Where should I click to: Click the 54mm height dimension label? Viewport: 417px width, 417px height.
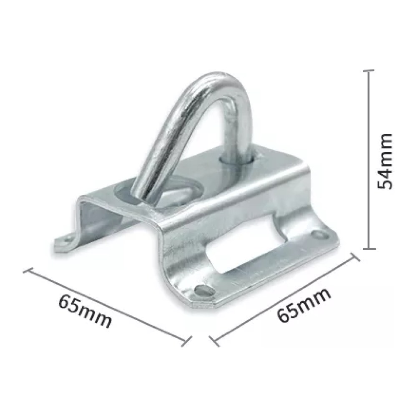(385, 161)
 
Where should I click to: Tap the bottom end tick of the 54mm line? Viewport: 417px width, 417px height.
(369, 249)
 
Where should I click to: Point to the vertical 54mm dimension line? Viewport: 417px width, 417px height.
(369, 160)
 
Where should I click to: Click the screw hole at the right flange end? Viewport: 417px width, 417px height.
(319, 235)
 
